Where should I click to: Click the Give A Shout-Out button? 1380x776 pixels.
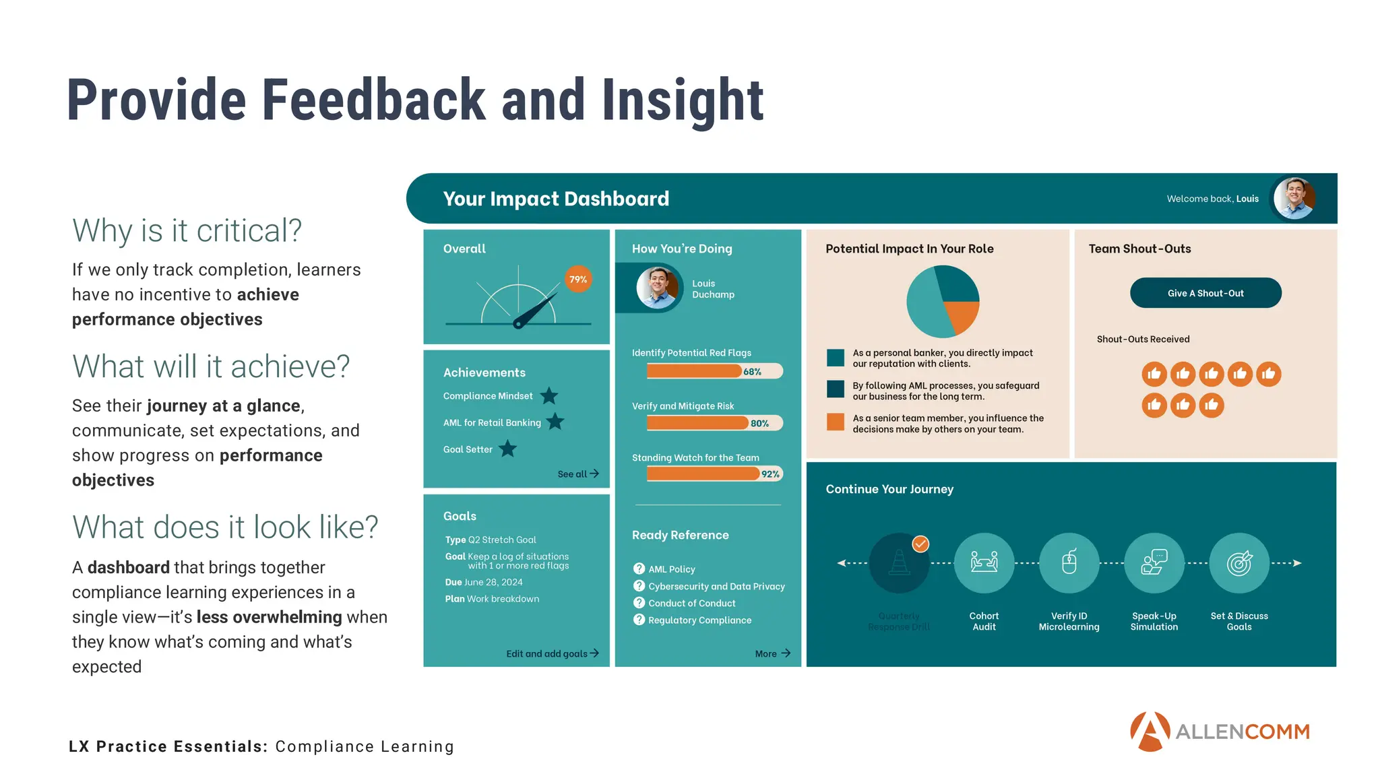coord(1205,293)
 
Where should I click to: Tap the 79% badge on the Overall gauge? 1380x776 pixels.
coord(578,280)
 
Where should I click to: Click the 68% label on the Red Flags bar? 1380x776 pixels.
coord(752,372)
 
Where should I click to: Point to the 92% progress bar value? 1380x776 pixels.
coord(770,474)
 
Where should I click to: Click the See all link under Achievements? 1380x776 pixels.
coord(577,474)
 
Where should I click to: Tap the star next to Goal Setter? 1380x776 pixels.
coord(508,449)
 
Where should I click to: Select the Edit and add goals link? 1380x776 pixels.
coord(552,653)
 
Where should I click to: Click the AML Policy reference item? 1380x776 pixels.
coord(671,569)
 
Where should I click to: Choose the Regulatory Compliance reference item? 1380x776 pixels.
coord(699,620)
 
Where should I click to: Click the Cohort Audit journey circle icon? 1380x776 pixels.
coord(984,562)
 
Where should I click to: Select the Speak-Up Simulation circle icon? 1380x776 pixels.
coord(1154,562)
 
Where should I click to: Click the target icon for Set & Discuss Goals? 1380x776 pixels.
coord(1238,562)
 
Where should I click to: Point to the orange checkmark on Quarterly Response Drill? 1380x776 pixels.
coord(920,544)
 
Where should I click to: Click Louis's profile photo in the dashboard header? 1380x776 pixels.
coord(1294,199)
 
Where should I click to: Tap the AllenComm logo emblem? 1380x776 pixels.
coord(1150,732)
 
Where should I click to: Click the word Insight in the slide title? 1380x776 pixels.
coord(683,101)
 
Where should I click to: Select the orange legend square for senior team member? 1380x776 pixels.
coord(836,422)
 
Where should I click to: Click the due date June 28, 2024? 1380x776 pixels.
coord(493,582)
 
